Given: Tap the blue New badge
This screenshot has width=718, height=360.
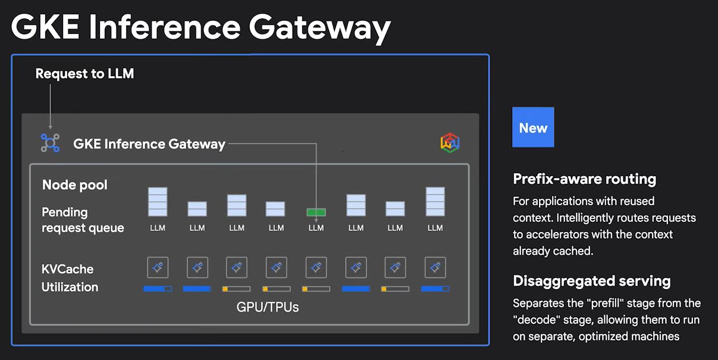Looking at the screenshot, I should tap(533, 127).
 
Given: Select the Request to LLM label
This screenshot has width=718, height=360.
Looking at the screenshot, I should tap(84, 74).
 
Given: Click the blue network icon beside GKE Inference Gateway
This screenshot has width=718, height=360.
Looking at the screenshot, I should tap(50, 143).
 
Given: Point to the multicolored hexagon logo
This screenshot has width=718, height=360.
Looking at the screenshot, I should tap(450, 143).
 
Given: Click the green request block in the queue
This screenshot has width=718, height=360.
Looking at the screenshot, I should tap(316, 212).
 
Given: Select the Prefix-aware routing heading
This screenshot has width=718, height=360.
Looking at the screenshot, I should tap(584, 179).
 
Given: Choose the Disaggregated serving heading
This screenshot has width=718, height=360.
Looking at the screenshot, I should tap(591, 281).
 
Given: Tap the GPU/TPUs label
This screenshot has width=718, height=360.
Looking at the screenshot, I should tap(267, 307).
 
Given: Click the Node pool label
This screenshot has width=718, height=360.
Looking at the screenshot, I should tap(75, 185).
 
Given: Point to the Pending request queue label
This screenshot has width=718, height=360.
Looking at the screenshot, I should tap(83, 220).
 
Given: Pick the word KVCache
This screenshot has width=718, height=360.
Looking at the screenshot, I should tap(67, 269).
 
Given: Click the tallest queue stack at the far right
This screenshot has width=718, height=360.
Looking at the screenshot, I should tap(435, 201).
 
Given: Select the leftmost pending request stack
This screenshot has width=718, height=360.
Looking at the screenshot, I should tap(158, 201).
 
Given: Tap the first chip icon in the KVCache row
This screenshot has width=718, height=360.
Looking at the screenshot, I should tap(158, 268).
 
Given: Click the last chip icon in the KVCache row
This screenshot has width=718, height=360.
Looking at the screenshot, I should tap(435, 268).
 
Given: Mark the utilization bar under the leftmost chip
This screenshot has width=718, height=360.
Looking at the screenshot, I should tap(158, 289).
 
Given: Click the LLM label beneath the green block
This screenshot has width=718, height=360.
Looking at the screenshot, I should tap(316, 228).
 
